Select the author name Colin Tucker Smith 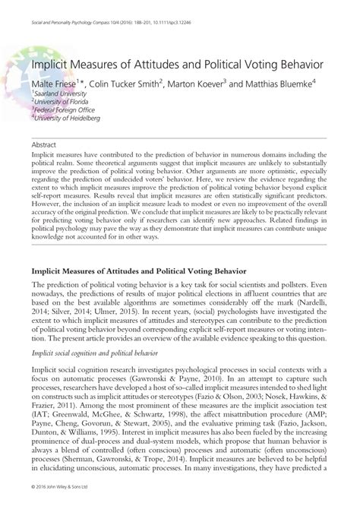(131, 82)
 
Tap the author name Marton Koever (209, 82)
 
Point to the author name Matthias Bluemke (290, 82)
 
